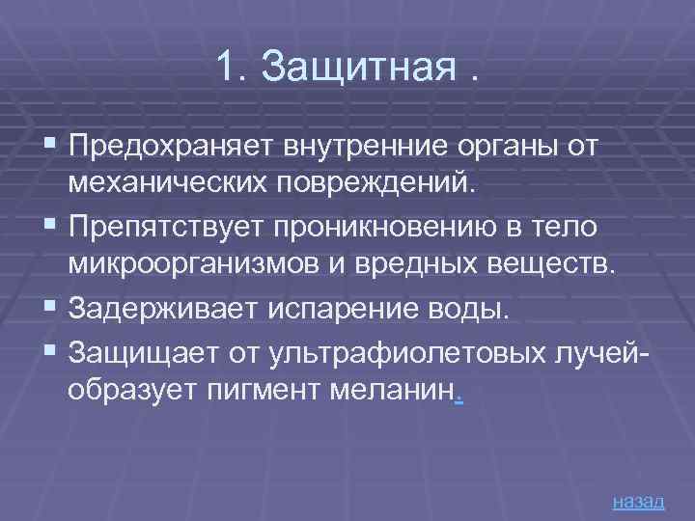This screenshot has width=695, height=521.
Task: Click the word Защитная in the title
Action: [356, 69]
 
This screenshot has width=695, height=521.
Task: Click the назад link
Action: [638, 502]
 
